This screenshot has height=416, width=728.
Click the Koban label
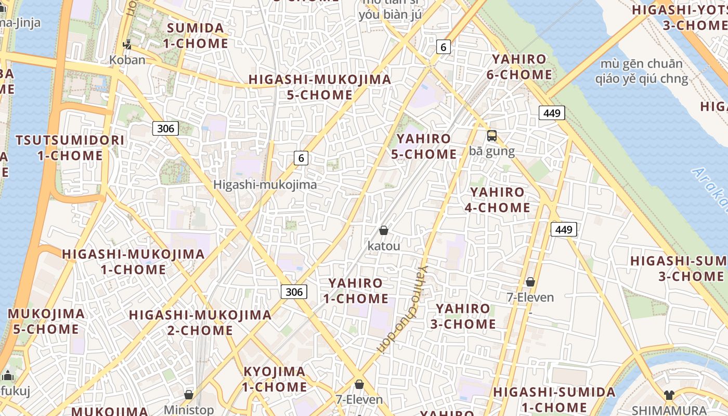click(x=127, y=60)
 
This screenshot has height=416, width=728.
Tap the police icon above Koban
click(x=127, y=44)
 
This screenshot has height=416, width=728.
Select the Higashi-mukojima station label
click(x=265, y=185)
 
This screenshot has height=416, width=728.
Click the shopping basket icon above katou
click(x=384, y=230)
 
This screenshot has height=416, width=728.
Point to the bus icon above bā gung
click(x=491, y=136)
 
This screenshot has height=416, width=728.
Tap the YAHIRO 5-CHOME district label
click(x=424, y=147)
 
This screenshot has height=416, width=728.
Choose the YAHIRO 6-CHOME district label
click(x=519, y=67)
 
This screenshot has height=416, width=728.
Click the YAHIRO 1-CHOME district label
click(x=356, y=291)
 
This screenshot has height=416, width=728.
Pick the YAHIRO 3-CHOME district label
click(x=463, y=316)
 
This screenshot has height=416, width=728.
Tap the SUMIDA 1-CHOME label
click(x=196, y=35)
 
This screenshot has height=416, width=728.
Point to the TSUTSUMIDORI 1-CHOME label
click(x=70, y=148)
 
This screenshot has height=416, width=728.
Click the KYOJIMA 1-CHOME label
click(x=275, y=379)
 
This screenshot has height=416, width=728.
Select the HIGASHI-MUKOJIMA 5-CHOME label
click(x=320, y=87)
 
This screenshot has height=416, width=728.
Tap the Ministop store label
click(x=188, y=410)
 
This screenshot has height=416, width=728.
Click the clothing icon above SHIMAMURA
click(x=669, y=395)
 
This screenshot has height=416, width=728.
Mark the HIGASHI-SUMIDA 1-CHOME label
click(x=554, y=399)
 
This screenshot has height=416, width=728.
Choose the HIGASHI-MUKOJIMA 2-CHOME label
click(x=200, y=322)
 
